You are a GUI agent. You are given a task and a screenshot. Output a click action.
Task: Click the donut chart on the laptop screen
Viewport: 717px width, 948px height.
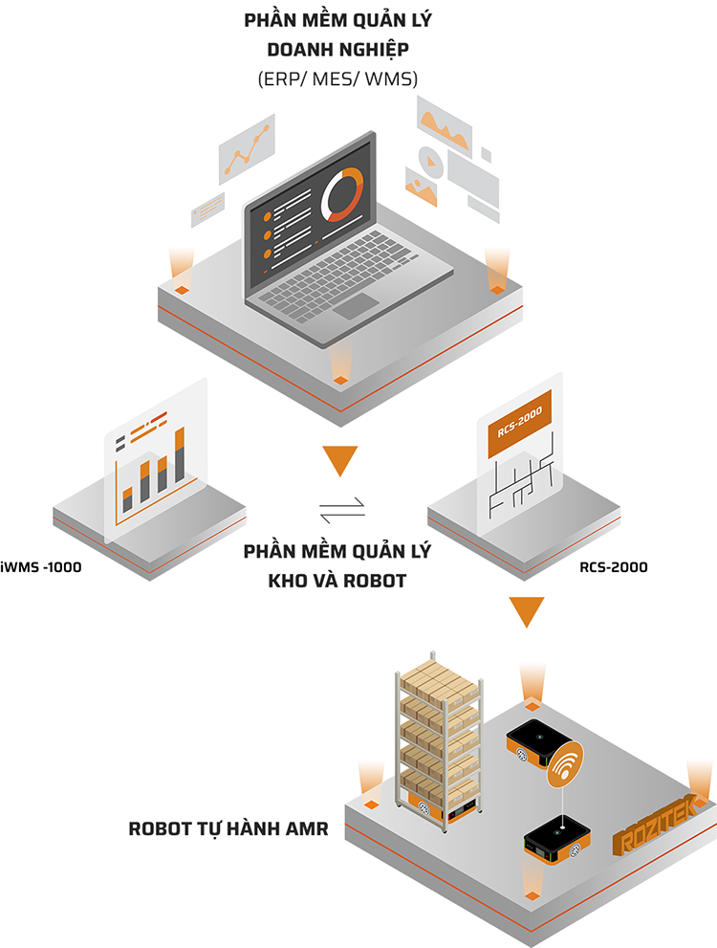tap(343, 192)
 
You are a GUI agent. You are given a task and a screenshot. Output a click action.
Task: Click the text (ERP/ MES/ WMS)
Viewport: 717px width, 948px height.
tap(337, 80)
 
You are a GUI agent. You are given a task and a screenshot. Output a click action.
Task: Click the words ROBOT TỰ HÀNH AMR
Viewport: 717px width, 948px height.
tap(228, 829)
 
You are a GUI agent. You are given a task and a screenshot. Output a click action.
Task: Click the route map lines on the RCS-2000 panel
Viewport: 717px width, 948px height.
tap(520, 483)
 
